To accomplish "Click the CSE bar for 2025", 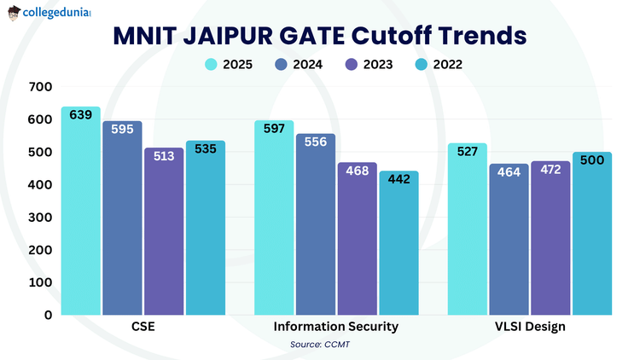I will pyautogui.click(x=81, y=213).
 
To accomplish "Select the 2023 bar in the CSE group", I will pyautogui.click(x=164, y=235).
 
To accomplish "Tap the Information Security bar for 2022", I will pyautogui.click(x=399, y=247).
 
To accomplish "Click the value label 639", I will pyautogui.click(x=81, y=116).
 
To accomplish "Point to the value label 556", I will pyautogui.click(x=316, y=142).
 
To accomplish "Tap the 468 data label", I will pyautogui.click(x=358, y=170).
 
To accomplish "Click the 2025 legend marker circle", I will pyautogui.click(x=211, y=65).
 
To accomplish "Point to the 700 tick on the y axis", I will pyautogui.click(x=41, y=87).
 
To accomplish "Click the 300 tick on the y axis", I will pyautogui.click(x=41, y=218).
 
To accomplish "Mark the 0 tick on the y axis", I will pyautogui.click(x=49, y=315).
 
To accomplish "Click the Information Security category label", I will pyautogui.click(x=335, y=328).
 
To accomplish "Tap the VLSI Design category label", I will pyautogui.click(x=530, y=328).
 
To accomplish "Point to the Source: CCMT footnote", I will pyautogui.click(x=320, y=345).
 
